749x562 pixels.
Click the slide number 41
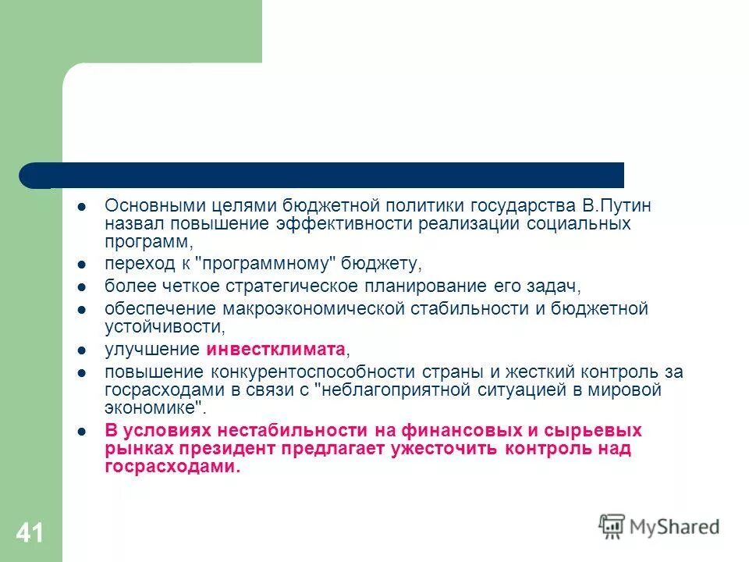click(x=29, y=534)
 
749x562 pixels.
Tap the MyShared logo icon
click(x=612, y=526)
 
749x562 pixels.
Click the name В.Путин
click(x=623, y=207)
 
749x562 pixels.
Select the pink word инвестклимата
click(x=275, y=348)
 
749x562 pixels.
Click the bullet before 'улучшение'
click(x=81, y=349)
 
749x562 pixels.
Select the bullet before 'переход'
click(x=81, y=264)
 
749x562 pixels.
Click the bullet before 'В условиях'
click(x=81, y=431)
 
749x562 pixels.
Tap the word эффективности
click(x=340, y=225)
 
